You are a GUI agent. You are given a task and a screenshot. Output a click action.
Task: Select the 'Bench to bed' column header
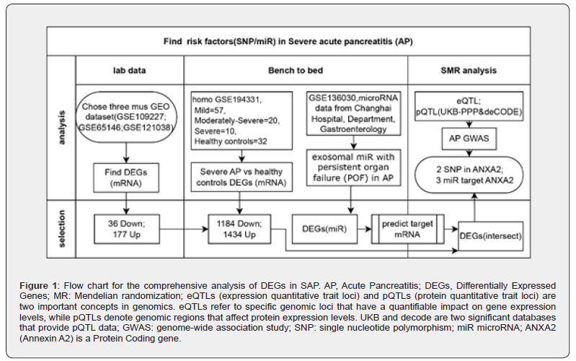tap(296, 71)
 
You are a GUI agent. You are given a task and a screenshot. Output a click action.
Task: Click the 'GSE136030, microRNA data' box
tap(353, 113)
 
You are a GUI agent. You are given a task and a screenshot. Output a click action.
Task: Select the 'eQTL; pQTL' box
tap(471, 107)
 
